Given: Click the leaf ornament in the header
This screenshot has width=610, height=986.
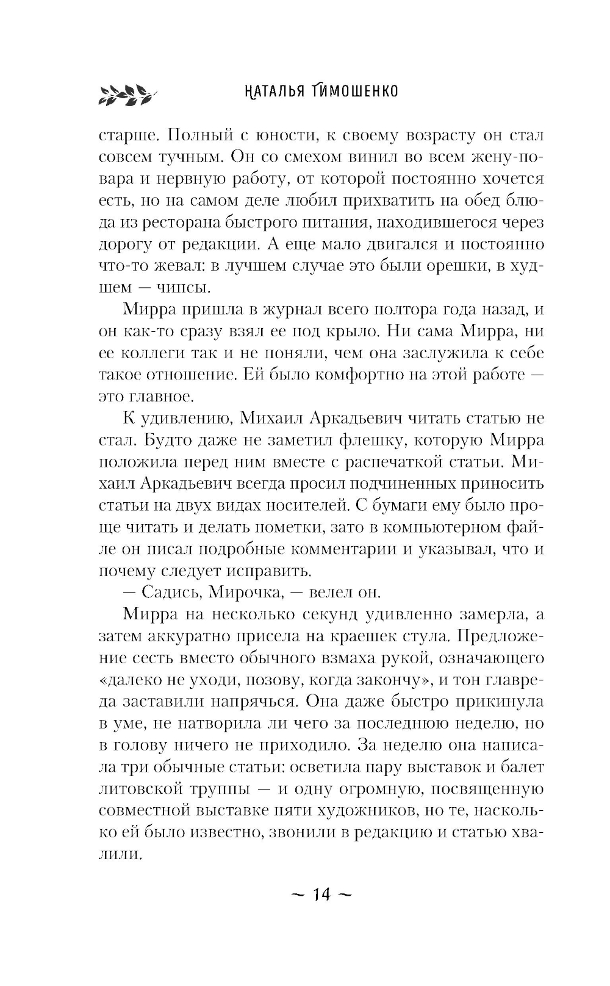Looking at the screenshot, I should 127,93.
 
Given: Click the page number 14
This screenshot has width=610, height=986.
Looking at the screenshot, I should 321,895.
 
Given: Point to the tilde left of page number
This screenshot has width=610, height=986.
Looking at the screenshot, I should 298,895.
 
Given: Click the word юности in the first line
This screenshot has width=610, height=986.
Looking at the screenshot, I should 268,135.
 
